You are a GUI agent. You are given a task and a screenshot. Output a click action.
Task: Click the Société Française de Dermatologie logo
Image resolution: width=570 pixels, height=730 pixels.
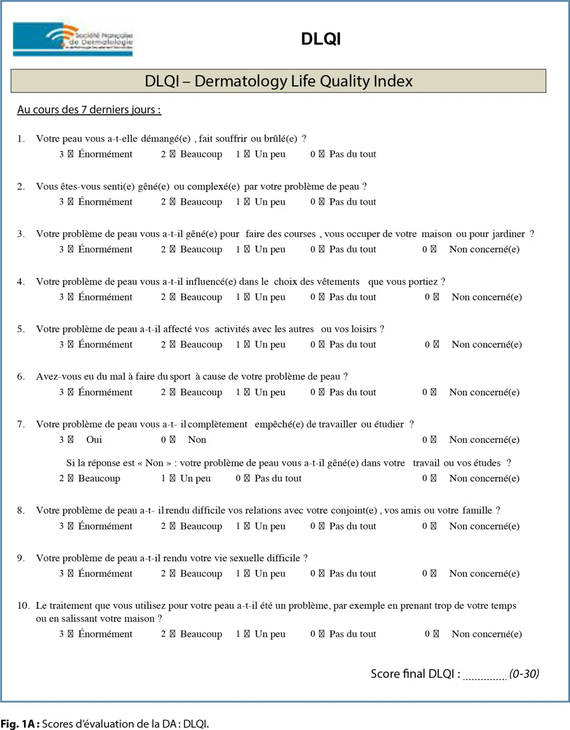(x=73, y=39)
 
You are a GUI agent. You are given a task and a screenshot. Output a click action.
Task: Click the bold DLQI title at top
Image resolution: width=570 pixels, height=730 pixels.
(x=321, y=39)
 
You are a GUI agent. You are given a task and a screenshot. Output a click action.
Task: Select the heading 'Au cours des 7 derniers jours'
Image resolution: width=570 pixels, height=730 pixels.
(x=89, y=110)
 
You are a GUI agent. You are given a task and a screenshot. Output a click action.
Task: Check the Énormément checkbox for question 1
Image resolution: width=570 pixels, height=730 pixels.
(x=71, y=154)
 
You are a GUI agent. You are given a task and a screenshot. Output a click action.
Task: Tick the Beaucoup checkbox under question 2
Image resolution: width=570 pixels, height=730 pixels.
(x=172, y=202)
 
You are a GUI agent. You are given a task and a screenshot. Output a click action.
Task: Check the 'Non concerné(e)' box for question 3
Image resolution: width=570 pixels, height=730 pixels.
(x=433, y=250)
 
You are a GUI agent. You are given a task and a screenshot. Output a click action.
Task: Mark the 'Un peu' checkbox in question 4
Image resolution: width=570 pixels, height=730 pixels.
(x=247, y=297)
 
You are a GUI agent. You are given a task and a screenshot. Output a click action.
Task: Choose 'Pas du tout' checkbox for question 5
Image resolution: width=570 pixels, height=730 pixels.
(x=321, y=345)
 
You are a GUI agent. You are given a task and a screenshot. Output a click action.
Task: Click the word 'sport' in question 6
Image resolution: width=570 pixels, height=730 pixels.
(x=180, y=377)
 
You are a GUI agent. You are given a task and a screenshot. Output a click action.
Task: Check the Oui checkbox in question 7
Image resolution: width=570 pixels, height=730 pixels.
(x=71, y=440)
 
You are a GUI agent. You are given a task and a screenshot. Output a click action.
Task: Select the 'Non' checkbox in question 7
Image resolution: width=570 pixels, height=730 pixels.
(x=172, y=440)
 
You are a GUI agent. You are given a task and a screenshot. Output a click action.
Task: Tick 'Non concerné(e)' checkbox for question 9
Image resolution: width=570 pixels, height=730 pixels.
(x=433, y=574)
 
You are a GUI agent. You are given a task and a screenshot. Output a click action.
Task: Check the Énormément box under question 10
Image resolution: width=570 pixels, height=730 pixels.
(x=71, y=634)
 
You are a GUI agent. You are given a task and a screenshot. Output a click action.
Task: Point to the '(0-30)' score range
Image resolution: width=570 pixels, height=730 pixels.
(x=524, y=674)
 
